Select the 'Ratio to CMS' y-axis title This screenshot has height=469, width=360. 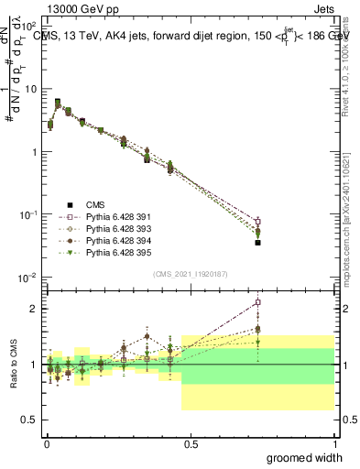(14, 364)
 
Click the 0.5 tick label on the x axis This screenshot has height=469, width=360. (191, 444)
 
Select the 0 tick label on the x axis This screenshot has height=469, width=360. (47, 444)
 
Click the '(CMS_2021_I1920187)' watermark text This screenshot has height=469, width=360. (191, 272)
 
